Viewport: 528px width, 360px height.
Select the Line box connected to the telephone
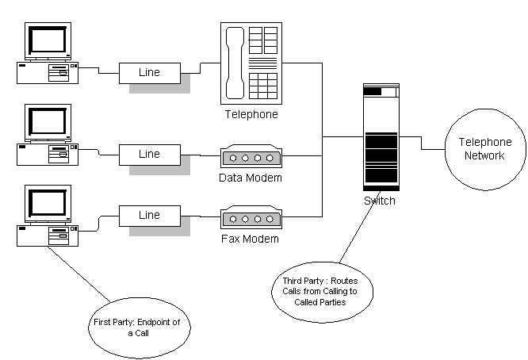(x=149, y=72)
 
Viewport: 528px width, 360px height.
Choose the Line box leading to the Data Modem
(x=149, y=154)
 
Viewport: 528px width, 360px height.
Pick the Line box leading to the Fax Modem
(x=149, y=215)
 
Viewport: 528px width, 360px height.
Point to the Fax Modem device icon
(x=251, y=218)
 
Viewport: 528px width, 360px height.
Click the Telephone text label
(x=251, y=115)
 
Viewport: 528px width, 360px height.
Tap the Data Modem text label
(x=251, y=178)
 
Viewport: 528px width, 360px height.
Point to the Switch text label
(x=380, y=201)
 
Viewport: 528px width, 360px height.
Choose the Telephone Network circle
(x=484, y=149)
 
